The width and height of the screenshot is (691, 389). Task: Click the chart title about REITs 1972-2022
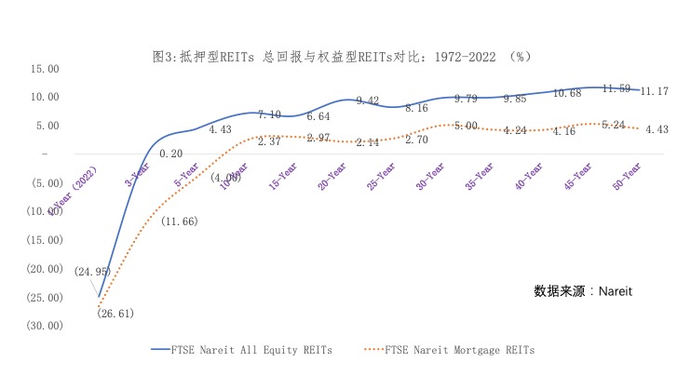click(x=342, y=56)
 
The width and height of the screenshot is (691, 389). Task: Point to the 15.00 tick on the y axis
click(x=45, y=69)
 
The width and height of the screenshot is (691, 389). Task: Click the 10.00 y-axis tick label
click(x=45, y=98)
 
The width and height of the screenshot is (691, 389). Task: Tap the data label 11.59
click(x=616, y=88)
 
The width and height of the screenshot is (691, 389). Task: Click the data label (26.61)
click(x=115, y=314)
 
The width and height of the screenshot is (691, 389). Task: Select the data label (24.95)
click(x=93, y=272)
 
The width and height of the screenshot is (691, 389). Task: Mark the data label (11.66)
click(x=179, y=221)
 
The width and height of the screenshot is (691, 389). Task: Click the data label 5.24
click(x=613, y=125)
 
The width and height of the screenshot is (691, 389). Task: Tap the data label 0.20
click(x=170, y=154)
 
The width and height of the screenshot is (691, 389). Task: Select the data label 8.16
click(x=416, y=108)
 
